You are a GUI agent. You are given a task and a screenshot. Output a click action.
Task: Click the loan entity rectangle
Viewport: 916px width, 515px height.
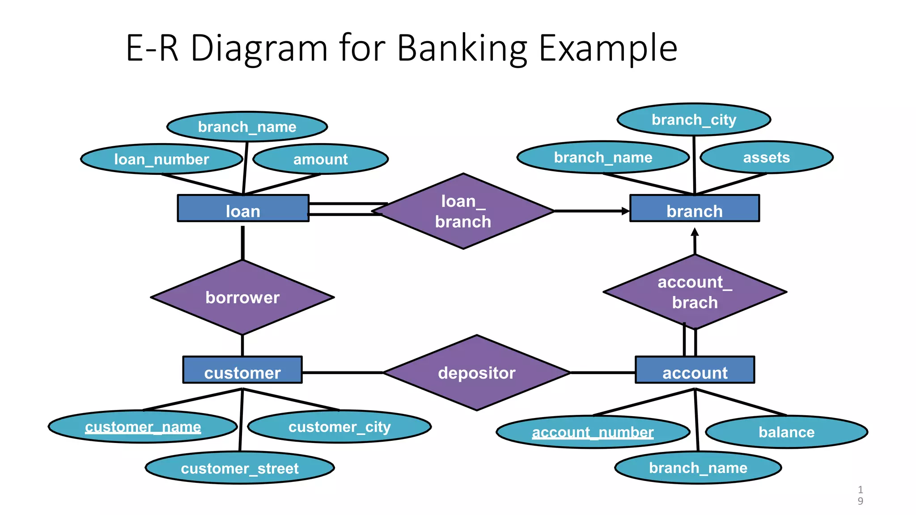coord(243,208)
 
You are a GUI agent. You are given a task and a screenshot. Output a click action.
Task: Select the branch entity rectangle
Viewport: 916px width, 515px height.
coord(694,208)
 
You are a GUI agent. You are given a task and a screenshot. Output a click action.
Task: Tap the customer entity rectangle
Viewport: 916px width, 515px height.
coord(242,370)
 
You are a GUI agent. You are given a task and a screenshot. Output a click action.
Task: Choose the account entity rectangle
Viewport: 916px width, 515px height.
coord(695,370)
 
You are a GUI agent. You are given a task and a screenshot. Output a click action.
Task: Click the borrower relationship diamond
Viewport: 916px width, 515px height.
coord(242,297)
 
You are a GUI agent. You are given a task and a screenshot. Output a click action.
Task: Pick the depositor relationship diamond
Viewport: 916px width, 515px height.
coord(476,373)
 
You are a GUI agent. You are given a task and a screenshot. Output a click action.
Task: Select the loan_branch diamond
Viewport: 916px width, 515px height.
coord(463,211)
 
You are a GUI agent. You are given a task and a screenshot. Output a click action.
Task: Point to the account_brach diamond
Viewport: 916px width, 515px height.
coord(695,292)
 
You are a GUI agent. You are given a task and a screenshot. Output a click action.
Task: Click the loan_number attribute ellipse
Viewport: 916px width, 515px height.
coord(161,159)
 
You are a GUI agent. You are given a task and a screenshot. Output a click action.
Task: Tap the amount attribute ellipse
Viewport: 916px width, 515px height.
coord(320,159)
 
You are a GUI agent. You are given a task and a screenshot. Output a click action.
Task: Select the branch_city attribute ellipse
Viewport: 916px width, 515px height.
coord(694,120)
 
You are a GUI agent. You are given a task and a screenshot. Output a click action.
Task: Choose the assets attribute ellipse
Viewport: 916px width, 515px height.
coord(766,157)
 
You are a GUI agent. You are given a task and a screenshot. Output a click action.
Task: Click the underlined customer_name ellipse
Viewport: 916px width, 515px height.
coord(143,427)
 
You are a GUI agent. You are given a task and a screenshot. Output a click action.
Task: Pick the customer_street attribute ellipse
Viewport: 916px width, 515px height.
coord(240,468)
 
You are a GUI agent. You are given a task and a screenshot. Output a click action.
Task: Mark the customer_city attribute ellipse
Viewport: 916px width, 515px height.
coord(339,427)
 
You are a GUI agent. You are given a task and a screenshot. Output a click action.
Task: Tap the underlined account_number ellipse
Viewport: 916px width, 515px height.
coord(593,432)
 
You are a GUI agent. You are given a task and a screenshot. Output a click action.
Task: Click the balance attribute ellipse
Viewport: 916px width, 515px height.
coord(786,432)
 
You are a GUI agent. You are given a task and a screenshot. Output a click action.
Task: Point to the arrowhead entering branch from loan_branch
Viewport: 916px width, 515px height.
coord(626,211)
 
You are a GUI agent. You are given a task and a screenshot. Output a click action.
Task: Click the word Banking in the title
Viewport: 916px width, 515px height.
coord(462,48)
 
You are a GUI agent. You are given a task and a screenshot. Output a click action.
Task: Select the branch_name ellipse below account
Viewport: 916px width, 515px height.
coord(698,468)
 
